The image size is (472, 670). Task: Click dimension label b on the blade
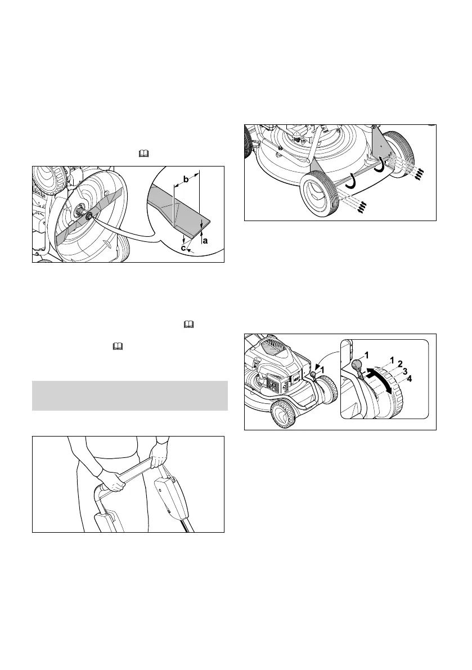(x=186, y=180)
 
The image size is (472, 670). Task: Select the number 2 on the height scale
(x=399, y=363)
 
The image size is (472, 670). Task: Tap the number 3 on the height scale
(x=404, y=371)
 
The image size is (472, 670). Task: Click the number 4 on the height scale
(x=410, y=379)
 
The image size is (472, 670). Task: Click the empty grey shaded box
(x=129, y=396)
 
